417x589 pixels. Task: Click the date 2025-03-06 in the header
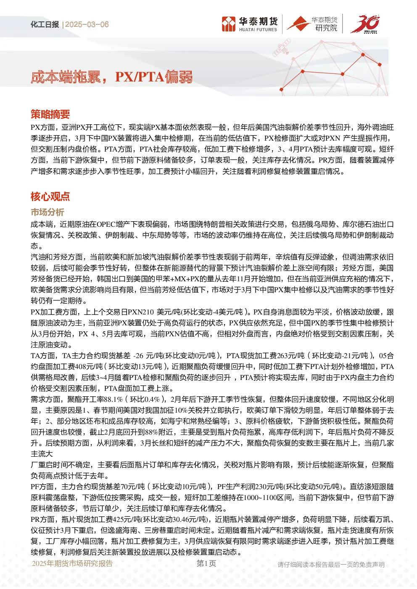pyautogui.click(x=87, y=24)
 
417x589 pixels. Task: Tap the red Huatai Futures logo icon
pyautogui.click(x=228, y=24)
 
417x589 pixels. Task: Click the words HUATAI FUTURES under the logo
pyautogui.click(x=258, y=30)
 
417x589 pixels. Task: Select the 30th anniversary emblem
pyautogui.click(x=365, y=24)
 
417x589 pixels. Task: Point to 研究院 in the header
pyautogui.click(x=326, y=28)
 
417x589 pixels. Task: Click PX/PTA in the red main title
pyautogui.click(x=140, y=77)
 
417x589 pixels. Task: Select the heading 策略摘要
pyautogui.click(x=50, y=114)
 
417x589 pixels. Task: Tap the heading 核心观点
pyautogui.click(x=50, y=196)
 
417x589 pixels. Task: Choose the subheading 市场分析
pyautogui.click(x=48, y=212)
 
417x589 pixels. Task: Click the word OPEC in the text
pyautogui.click(x=106, y=224)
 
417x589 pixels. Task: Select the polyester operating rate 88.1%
pyautogui.click(x=113, y=400)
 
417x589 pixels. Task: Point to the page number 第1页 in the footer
pyautogui.click(x=206, y=563)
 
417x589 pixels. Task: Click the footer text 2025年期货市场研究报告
pyautogui.click(x=72, y=563)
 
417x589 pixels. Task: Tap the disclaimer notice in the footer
pyautogui.click(x=331, y=565)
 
